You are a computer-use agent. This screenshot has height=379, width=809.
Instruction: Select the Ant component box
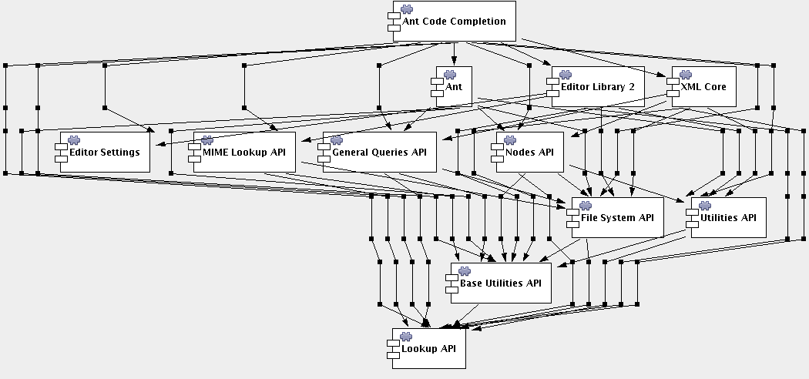pyautogui.click(x=455, y=87)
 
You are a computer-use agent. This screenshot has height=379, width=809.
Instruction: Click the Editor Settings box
pyautogui.click(x=105, y=152)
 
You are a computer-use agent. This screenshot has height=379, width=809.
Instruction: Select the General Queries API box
pyautogui.click(x=379, y=152)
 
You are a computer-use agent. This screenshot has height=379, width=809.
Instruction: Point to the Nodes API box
pyautogui.click(x=529, y=152)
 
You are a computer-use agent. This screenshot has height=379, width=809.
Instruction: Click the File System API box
pyautogui.click(x=616, y=217)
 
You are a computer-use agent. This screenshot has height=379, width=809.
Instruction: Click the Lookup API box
pyautogui.click(x=428, y=348)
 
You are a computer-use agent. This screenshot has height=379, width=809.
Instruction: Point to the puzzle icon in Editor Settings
pyautogui.click(x=76, y=139)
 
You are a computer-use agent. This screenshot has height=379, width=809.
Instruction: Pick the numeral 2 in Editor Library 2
pyautogui.click(x=632, y=87)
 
